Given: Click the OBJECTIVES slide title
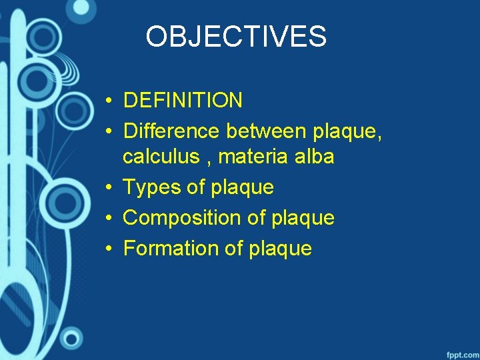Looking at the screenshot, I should (236, 37).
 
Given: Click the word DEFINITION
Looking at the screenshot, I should (183, 101).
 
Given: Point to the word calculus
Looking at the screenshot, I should (161, 157).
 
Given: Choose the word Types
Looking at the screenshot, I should (153, 187).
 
